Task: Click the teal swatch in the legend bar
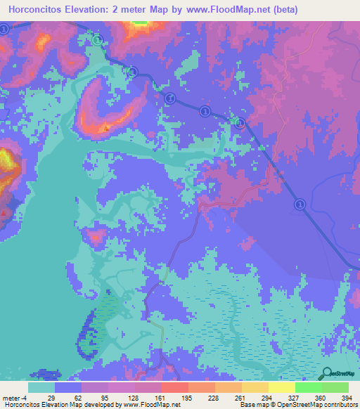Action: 41,387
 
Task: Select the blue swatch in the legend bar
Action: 67,387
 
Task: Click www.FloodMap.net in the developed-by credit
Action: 145,405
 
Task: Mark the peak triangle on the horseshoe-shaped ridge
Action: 106,128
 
